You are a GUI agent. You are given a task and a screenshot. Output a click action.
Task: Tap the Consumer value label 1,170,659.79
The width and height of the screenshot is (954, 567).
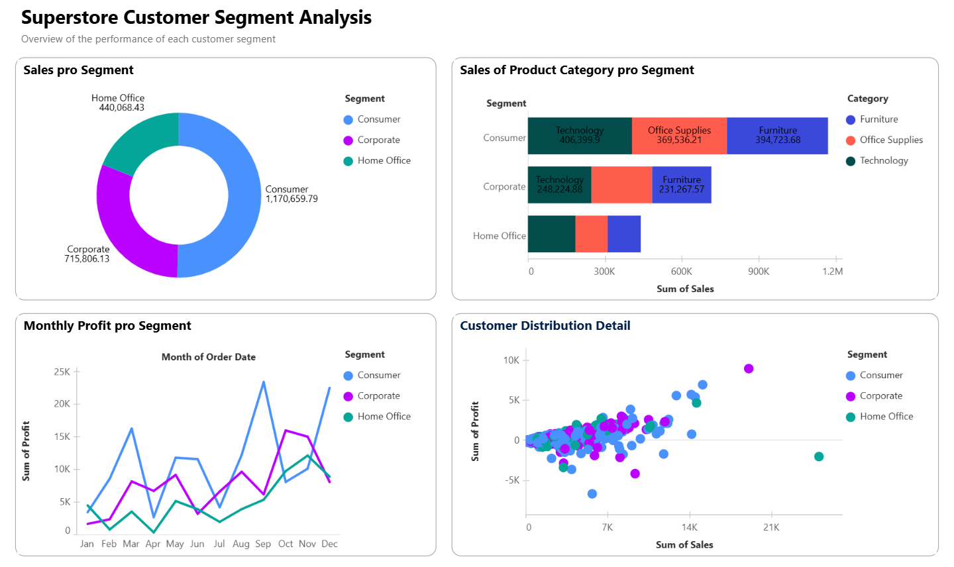pos(291,199)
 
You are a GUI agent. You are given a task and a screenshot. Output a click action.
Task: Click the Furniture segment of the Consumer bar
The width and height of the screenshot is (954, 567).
pos(777,136)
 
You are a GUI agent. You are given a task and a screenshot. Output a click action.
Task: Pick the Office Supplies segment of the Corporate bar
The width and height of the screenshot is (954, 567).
pos(621,184)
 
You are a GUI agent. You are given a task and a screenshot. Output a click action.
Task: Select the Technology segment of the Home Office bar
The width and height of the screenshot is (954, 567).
pos(551,234)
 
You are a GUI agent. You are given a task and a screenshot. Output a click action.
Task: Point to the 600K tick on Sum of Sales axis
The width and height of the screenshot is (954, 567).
pos(681,272)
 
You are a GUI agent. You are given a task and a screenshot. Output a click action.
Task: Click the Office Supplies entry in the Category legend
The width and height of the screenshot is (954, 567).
pos(890,140)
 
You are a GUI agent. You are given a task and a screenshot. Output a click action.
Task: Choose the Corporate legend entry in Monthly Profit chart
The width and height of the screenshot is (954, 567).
pos(378,395)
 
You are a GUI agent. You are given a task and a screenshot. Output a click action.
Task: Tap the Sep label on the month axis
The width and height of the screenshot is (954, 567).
pos(263,544)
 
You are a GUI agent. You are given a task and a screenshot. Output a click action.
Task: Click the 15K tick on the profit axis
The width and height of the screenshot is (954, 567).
pos(62,437)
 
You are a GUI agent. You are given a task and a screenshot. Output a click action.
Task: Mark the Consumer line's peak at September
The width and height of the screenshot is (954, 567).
pos(264,382)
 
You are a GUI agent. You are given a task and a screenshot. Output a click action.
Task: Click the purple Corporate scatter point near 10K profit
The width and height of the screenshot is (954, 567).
pos(749,368)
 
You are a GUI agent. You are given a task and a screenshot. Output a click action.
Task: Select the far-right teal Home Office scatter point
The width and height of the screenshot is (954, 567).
pos(819,456)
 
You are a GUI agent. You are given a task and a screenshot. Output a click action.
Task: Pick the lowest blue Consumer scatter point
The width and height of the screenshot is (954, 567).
pos(592,493)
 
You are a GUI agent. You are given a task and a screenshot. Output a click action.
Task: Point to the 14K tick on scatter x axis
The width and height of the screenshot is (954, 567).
pos(689,527)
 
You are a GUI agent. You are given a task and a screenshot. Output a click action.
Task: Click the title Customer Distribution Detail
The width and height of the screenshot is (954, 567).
pos(545,325)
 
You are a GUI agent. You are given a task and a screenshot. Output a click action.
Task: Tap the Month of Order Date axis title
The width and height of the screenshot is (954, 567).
pos(209,357)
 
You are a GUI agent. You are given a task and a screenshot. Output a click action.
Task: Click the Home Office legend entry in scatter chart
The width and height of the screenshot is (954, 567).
pos(886,416)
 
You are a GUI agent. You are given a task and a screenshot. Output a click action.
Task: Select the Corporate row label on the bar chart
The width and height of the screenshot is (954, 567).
pos(504,187)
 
